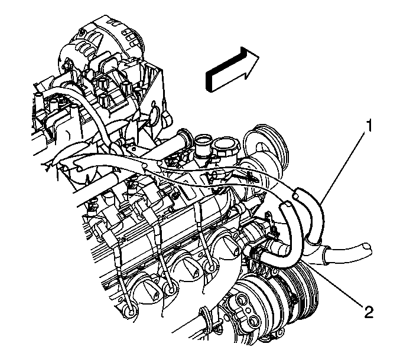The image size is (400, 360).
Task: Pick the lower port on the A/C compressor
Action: (253, 320)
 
